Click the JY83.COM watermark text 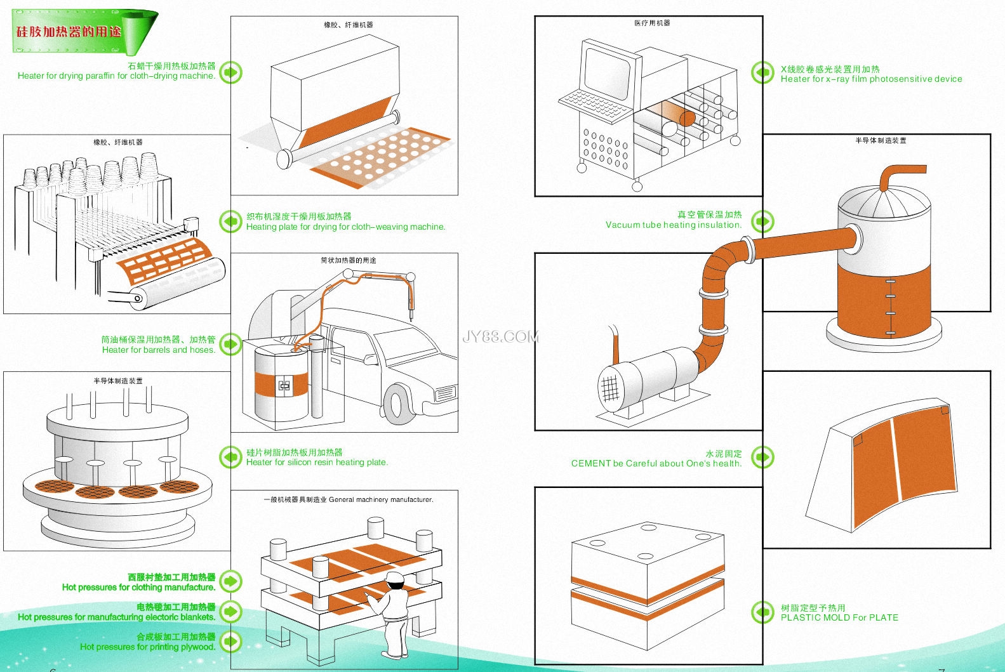500,336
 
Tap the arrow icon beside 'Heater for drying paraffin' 230,72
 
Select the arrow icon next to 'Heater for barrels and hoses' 230,345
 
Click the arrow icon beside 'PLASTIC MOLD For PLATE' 762,612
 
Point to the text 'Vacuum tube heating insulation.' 673,225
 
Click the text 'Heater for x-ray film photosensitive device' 871,79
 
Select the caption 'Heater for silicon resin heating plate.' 317,463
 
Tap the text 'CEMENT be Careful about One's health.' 656,463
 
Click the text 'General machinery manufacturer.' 381,500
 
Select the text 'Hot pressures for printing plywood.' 147,647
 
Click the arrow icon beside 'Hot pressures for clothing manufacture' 230,581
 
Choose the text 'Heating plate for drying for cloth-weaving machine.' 345,227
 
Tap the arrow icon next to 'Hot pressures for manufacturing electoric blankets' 230,612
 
